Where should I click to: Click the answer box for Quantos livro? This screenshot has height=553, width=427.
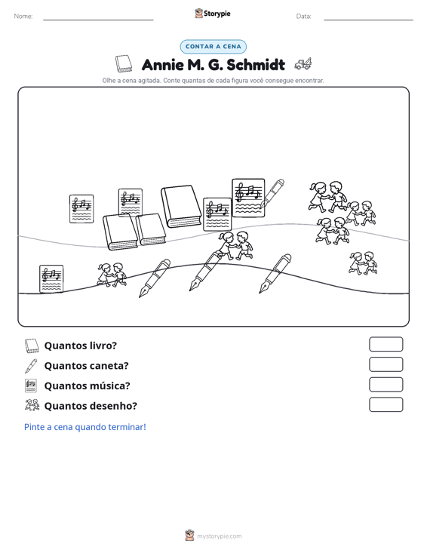[386, 344]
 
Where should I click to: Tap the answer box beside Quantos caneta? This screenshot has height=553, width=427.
[386, 364]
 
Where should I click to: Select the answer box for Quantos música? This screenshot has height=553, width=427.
[386, 385]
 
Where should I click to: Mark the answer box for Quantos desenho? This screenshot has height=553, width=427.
[386, 404]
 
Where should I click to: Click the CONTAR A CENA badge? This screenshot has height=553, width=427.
[213, 47]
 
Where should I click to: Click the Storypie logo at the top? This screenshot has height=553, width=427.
[213, 14]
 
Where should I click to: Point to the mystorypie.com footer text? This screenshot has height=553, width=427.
[219, 536]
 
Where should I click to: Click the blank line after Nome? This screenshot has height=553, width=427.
[98, 20]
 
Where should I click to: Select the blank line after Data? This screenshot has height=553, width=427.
[368, 20]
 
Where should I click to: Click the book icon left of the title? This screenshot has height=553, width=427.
[124, 64]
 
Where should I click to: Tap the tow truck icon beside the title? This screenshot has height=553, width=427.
[303, 64]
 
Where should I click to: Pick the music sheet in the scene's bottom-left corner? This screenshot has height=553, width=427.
[51, 278]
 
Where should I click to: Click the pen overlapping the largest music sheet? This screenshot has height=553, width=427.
[272, 194]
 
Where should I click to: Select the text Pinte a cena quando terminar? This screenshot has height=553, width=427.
[85, 427]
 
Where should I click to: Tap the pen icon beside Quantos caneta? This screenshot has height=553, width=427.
[31, 366]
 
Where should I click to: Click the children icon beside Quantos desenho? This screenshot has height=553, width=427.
[32, 405]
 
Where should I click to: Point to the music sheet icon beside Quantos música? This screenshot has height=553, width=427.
[31, 386]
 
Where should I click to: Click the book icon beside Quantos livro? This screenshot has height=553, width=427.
[32, 346]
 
